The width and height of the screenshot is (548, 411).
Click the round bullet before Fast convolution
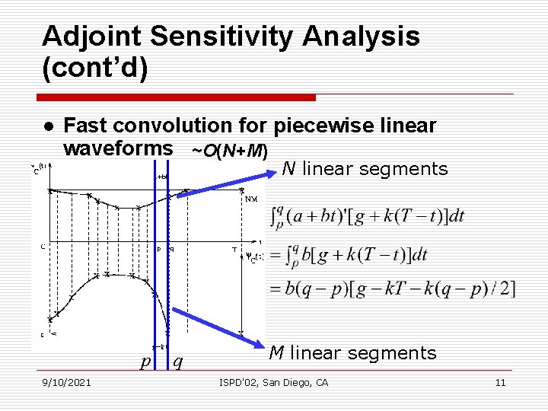click(x=47, y=126)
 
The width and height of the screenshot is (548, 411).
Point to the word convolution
click(x=196, y=125)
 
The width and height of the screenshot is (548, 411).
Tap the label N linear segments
click(x=365, y=169)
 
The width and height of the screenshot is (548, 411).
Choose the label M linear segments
click(x=352, y=352)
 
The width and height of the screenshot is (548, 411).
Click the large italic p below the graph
click(x=145, y=362)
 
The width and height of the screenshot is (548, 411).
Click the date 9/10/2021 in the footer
click(x=67, y=382)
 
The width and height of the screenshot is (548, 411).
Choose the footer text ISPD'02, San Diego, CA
click(x=273, y=382)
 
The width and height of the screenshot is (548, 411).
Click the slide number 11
click(x=500, y=382)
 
